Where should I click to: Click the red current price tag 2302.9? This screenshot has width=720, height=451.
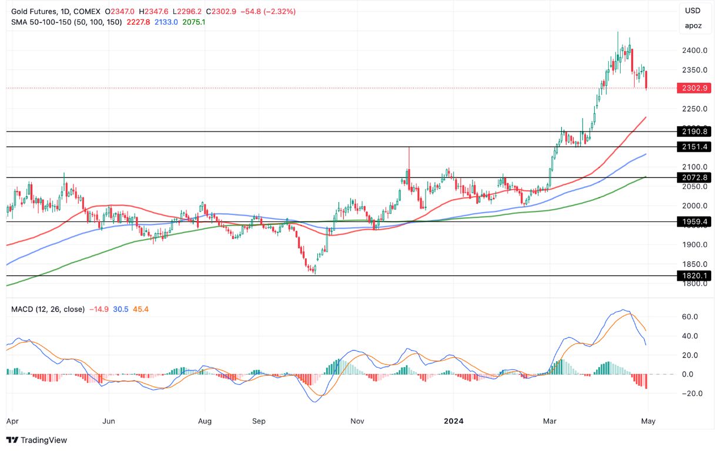[694, 89]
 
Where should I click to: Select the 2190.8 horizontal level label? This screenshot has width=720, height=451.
[694, 132]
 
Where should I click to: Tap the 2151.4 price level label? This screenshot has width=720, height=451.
[694, 147]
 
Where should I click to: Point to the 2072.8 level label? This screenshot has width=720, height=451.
[694, 177]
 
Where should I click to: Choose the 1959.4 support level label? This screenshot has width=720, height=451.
[694, 222]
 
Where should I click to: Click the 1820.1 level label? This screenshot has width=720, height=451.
[694, 275]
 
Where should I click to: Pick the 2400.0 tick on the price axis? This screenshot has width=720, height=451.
[694, 51]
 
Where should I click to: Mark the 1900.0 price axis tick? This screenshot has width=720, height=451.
[694, 245]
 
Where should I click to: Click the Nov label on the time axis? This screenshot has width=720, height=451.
[356, 421]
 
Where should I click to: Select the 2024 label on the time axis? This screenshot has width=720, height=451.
[453, 421]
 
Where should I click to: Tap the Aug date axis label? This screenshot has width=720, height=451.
[204, 421]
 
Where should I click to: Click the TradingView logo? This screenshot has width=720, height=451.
[37, 440]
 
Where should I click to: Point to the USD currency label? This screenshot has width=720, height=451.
[693, 11]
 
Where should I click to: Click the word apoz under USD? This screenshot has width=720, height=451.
[693, 26]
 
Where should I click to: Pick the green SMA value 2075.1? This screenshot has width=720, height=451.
[193, 22]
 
